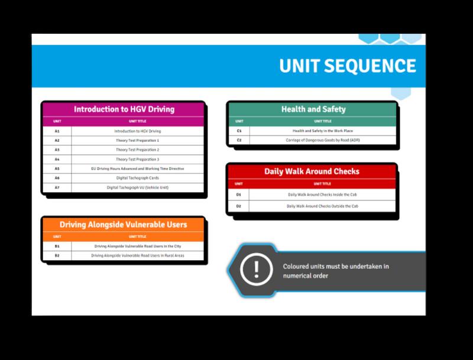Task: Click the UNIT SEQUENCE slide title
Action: tap(348, 66)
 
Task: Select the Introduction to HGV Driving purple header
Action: tap(124, 109)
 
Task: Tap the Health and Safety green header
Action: tap(313, 109)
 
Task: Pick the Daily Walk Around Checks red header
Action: tap(311, 172)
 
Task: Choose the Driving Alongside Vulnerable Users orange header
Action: tap(124, 224)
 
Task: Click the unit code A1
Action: tap(57, 130)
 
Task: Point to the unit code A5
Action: tap(57, 168)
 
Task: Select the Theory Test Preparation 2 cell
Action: tap(138, 150)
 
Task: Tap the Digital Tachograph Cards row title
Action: tap(138, 178)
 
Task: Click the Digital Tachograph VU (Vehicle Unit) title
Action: tap(138, 187)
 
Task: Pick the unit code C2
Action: tap(239, 140)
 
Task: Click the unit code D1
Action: tap(239, 194)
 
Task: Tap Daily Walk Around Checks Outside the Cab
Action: tap(322, 206)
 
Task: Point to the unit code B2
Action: tap(57, 255)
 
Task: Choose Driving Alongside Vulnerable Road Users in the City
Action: tap(138, 245)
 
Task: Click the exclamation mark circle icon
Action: tap(256, 270)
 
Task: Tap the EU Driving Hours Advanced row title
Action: tap(138, 168)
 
